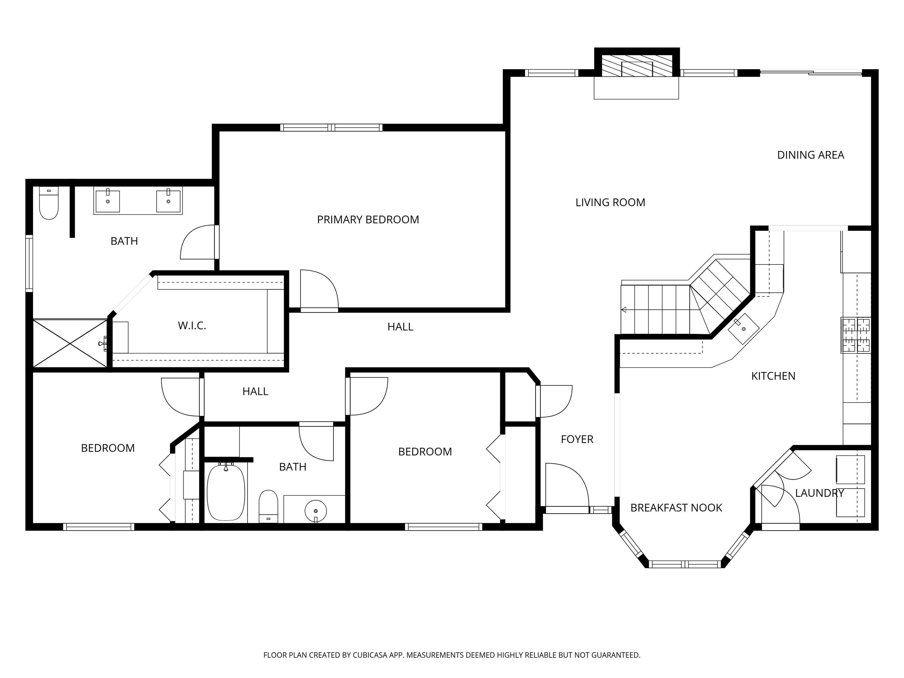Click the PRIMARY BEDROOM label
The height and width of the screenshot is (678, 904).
click(x=368, y=220)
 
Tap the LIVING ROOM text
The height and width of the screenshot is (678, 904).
click(x=610, y=202)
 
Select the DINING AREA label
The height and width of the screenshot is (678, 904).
click(x=810, y=155)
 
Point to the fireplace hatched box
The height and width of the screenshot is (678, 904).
click(x=637, y=65)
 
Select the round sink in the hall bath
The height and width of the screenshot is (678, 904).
click(x=315, y=511)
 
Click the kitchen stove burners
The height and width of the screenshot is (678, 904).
click(x=855, y=335)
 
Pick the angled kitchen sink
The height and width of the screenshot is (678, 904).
click(x=743, y=329)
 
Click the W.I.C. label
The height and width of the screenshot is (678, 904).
click(x=192, y=326)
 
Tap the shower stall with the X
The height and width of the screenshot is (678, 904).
click(x=69, y=343)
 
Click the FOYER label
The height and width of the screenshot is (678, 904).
click(x=577, y=439)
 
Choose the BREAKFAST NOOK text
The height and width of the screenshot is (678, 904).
click(x=676, y=508)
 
